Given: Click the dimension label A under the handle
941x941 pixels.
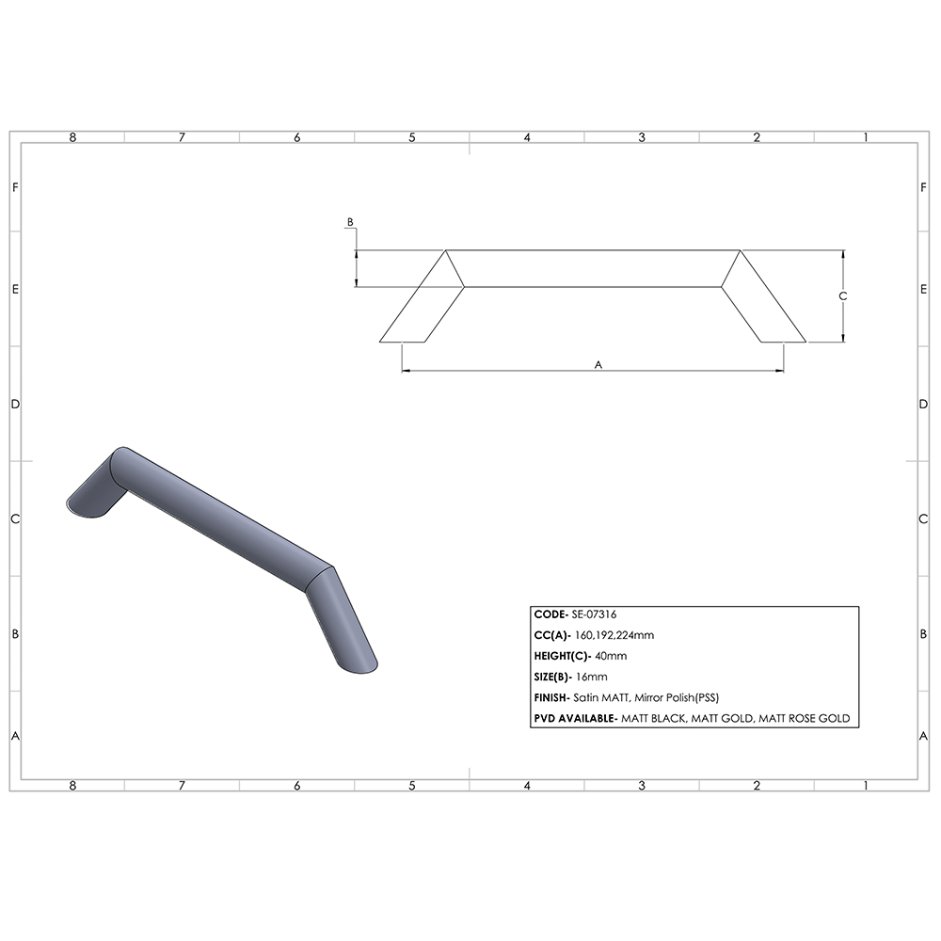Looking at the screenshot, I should point(598,363).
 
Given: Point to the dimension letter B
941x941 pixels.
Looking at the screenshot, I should point(350,222).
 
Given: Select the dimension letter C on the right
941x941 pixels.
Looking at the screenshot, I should point(843,295).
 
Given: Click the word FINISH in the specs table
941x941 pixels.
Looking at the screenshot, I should point(550,697).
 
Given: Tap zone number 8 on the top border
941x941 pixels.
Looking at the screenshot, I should point(72,137).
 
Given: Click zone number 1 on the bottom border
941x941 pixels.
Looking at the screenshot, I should point(865,785).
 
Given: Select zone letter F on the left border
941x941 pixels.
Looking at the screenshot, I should point(15,186).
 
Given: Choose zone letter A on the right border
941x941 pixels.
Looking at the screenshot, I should point(924,736).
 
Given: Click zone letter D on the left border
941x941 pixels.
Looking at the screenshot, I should point(15,404).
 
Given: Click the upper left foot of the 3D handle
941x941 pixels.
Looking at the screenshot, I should point(87,505).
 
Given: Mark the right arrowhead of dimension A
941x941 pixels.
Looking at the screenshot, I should point(780,371).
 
